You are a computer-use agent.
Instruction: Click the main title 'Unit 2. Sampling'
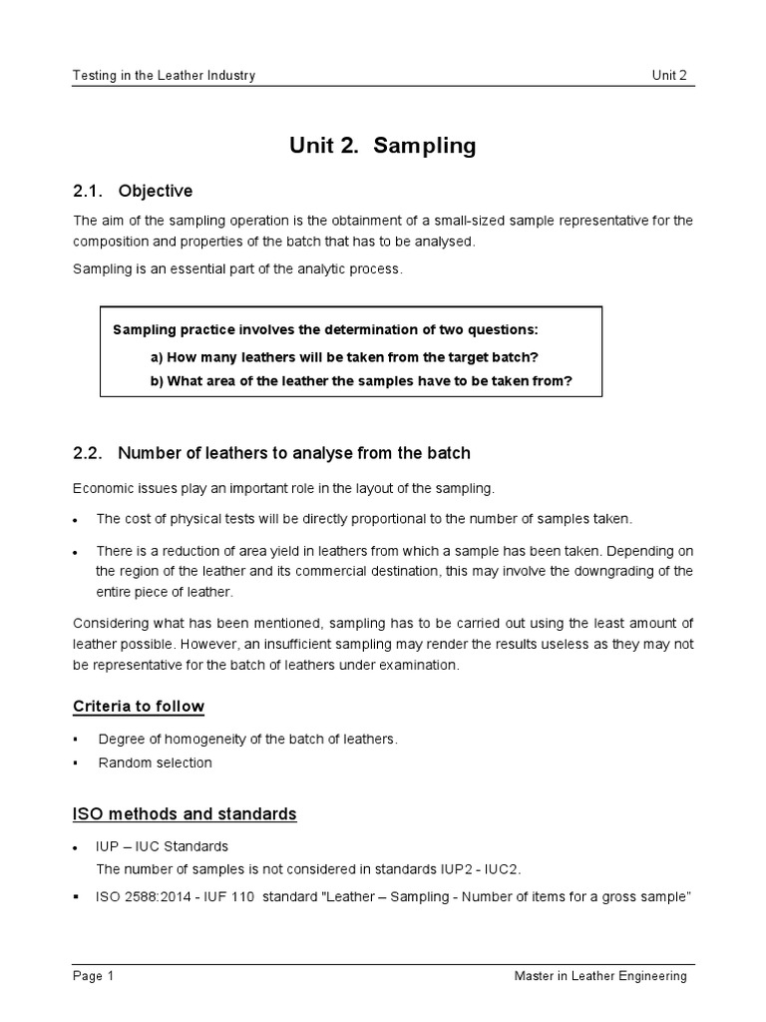[x=383, y=146]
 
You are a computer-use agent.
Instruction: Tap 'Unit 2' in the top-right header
[x=670, y=76]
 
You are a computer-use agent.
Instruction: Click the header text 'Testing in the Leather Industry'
[x=165, y=76]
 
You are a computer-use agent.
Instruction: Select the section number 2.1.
[x=88, y=191]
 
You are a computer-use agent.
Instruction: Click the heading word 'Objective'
[x=155, y=191]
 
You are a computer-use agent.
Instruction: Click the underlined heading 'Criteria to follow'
[x=139, y=707]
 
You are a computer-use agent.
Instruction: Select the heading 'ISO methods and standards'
[x=185, y=813]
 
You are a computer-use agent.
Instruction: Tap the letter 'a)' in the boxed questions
[x=157, y=356]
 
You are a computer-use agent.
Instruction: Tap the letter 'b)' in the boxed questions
[x=157, y=380]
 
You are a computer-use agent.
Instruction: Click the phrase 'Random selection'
[x=155, y=763]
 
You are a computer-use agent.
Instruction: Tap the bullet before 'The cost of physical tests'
[x=77, y=520]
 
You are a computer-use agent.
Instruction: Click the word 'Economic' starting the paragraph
[x=102, y=488]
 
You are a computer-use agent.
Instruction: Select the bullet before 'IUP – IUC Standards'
[x=77, y=847]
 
